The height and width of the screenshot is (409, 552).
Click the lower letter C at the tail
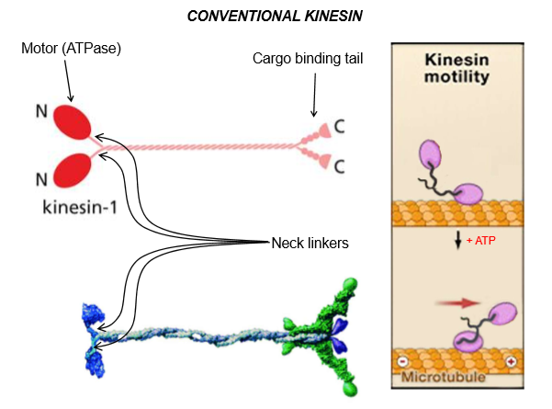(x=339, y=165)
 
